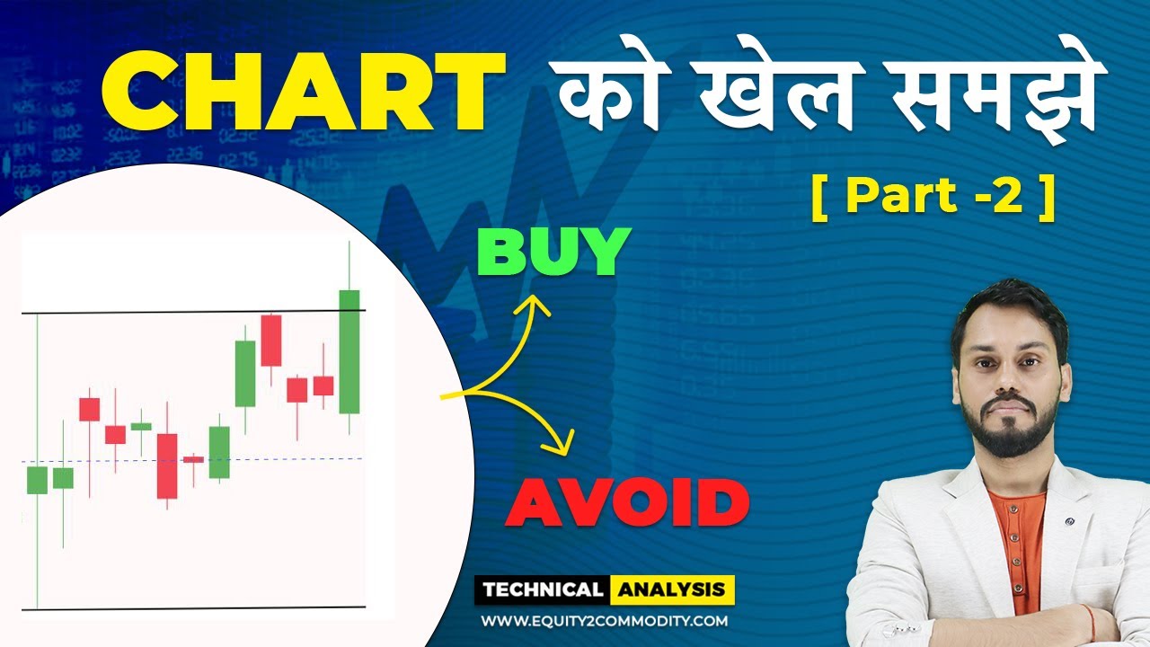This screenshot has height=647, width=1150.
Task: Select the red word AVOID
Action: [x=626, y=503]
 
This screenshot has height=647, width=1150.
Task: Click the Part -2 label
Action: [x=933, y=198]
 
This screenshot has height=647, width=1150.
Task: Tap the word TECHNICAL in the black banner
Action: [x=542, y=590]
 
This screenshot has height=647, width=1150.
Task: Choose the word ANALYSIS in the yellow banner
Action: [x=672, y=590]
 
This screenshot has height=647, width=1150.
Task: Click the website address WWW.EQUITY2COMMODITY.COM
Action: [x=604, y=620]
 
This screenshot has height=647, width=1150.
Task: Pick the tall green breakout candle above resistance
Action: [x=349, y=350]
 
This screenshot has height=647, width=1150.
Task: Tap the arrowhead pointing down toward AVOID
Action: [x=564, y=442]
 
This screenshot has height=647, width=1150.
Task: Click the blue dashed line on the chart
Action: [x=270, y=459]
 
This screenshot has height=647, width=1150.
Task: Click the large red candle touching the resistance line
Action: [x=270, y=341]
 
